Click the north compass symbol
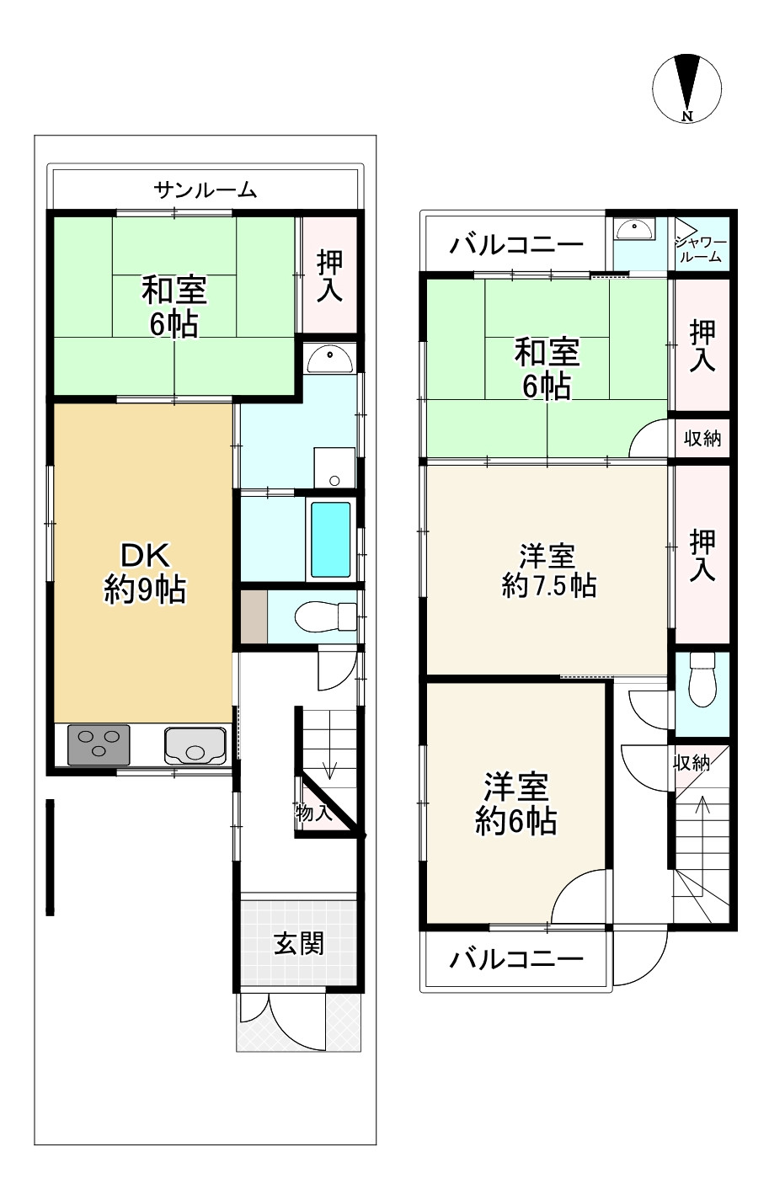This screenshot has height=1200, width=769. point(686,88)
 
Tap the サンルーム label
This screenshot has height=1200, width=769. point(206,190)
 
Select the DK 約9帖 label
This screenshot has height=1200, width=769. point(145,573)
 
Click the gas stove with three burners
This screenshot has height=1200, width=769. point(99,744)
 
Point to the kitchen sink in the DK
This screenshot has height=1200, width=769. point(195,745)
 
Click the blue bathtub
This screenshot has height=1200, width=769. point(331,540)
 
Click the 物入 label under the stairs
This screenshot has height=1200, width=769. point(313,813)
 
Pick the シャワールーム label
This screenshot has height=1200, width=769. point(701,249)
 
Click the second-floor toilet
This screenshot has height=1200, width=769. point(702,679)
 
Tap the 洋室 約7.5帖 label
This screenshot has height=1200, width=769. point(549,570)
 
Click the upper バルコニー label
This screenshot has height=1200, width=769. point(515,246)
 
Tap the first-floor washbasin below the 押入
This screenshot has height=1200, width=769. point(330,359)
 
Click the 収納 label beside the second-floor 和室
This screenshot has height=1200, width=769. point(702,439)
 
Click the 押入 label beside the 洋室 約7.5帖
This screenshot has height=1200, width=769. point(702,555)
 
